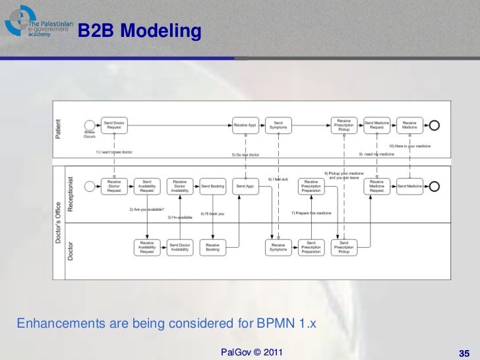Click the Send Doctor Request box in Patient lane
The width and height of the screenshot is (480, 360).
point(114,125)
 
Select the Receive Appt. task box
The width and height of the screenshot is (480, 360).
point(245,125)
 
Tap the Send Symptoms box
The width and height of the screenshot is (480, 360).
point(278,125)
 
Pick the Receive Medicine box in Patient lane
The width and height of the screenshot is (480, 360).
point(410,125)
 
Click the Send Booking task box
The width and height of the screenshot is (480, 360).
point(212,187)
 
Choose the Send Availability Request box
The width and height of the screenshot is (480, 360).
point(146,187)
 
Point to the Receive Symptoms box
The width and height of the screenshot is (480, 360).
point(278,247)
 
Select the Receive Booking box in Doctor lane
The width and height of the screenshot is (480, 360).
point(212,247)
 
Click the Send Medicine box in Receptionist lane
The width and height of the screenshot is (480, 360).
point(410,187)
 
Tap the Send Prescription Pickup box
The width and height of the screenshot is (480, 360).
point(344,247)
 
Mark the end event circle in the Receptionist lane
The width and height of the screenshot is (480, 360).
point(434,187)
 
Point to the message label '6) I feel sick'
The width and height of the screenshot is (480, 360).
point(278,179)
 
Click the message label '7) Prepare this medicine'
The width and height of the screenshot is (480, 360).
point(311,213)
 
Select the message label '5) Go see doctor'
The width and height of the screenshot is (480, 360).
point(245,155)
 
